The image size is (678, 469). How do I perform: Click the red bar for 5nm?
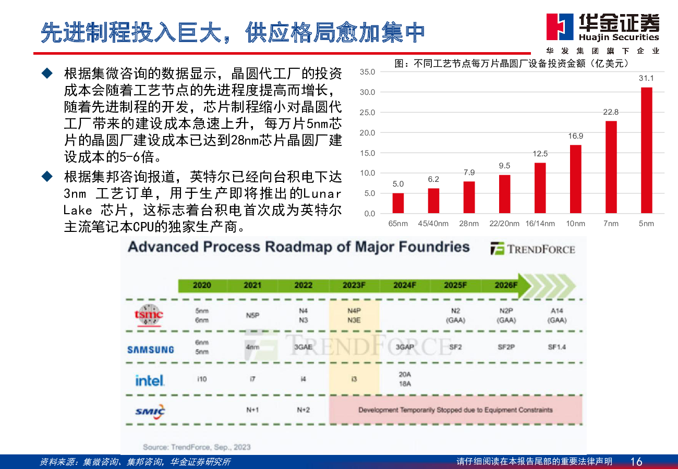point(646,150)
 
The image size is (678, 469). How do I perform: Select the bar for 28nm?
point(469,197)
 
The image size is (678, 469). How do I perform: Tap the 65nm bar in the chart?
point(398,203)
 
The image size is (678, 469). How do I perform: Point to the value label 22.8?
point(611,112)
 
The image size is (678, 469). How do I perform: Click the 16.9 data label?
point(575,136)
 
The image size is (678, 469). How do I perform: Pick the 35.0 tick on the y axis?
point(367,72)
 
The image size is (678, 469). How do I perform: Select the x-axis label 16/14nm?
point(540,224)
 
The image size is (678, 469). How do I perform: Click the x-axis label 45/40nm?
point(433,224)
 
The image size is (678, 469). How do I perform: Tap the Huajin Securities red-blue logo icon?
point(560,27)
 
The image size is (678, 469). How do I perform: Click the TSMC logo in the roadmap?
point(149,315)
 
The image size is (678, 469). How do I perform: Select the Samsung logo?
point(150,350)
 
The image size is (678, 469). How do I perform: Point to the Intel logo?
point(150,380)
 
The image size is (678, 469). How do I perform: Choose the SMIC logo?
point(150,412)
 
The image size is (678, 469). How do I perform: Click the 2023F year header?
point(354,285)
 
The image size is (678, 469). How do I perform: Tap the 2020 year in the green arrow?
point(202,285)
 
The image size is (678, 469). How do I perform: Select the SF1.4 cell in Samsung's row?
point(556,347)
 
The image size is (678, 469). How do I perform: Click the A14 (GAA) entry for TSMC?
point(556,315)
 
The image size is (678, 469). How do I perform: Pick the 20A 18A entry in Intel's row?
point(405,379)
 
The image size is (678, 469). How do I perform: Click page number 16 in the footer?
point(636,461)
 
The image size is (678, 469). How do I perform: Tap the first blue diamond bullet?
point(47,73)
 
